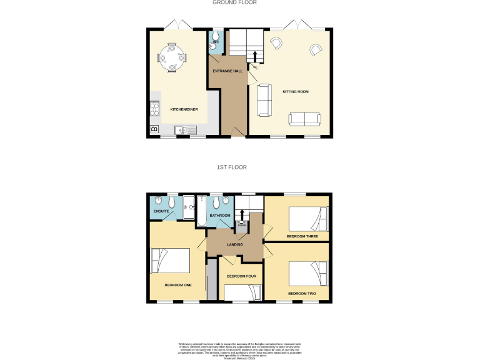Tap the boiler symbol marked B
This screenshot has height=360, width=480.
[x=154, y=130]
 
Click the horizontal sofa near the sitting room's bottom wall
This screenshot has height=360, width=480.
[x=304, y=118]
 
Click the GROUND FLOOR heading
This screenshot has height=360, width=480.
[x=235, y=2]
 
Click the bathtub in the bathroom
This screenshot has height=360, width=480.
[x=201, y=211]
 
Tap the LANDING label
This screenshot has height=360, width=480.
[x=235, y=244]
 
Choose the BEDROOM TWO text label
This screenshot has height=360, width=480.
[x=302, y=293]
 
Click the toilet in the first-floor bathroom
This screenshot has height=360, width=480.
[x=216, y=203]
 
